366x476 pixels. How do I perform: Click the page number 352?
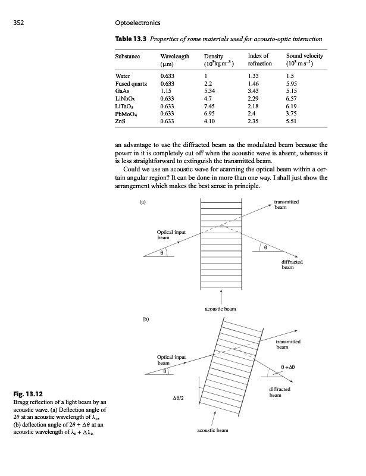[x=19, y=23]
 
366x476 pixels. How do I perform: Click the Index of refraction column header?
[x=260, y=59]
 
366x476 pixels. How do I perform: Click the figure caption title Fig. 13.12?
[x=29, y=394]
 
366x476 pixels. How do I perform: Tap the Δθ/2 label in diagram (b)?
[x=179, y=398]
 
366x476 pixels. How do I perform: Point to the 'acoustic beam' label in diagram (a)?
[x=221, y=309]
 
